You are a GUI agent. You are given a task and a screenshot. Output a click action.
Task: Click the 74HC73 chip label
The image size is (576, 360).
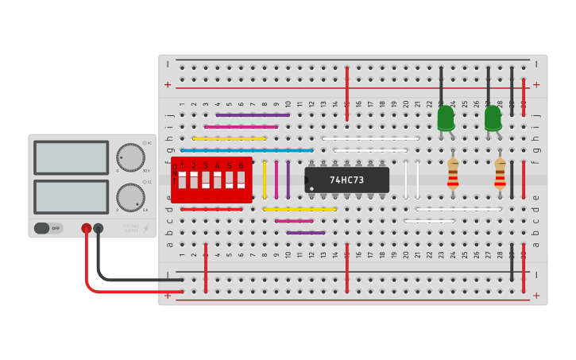point(346,180)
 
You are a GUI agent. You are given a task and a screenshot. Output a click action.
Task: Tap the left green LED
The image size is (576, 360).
point(446,119)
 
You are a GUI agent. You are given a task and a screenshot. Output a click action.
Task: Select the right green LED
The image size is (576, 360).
point(493,119)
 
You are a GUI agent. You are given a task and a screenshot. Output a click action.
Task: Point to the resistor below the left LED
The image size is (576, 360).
point(453,174)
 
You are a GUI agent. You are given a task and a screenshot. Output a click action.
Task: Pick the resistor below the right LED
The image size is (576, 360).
point(500,174)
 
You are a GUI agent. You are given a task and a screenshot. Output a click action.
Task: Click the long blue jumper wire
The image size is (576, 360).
point(247,149)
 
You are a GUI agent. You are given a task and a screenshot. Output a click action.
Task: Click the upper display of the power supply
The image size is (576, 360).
point(72,157)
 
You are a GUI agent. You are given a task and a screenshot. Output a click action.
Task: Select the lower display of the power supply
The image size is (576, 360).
point(72,196)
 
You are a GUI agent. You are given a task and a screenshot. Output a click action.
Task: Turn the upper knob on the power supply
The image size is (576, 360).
point(130,157)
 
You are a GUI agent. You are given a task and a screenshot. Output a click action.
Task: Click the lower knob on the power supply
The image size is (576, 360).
point(130,196)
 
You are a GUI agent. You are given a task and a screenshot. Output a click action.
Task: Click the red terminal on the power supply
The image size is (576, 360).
point(87,228)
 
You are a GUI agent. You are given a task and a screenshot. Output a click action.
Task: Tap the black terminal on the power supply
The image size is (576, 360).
point(99,228)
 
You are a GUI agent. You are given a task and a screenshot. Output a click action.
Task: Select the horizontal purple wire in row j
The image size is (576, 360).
point(253,114)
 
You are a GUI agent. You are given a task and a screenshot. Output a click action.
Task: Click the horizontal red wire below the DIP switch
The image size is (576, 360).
point(211,209)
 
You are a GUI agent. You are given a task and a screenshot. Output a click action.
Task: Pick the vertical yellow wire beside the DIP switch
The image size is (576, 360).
point(265,180)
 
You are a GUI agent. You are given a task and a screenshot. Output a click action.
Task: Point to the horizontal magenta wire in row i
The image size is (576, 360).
point(241,126)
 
